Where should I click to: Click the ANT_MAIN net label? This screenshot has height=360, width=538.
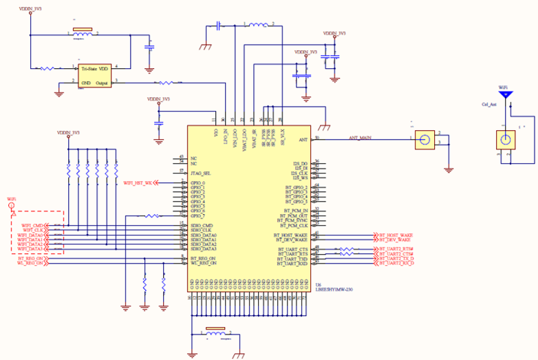(x=361, y=138)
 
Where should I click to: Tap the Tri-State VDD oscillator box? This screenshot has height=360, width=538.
(x=95, y=76)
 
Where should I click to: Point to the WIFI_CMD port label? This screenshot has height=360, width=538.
(x=33, y=225)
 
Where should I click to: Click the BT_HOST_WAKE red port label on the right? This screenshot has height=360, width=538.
(x=395, y=235)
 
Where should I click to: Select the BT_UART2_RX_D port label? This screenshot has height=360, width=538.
(x=396, y=263)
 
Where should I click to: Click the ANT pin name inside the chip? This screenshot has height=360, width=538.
(x=303, y=140)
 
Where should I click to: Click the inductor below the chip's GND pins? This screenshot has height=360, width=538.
(x=215, y=329)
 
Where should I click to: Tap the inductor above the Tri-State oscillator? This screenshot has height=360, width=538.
(x=83, y=32)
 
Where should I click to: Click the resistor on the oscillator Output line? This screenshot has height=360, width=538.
(x=167, y=83)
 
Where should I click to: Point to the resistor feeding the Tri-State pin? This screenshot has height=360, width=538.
(x=50, y=68)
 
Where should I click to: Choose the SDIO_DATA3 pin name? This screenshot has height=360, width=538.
(x=204, y=248)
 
